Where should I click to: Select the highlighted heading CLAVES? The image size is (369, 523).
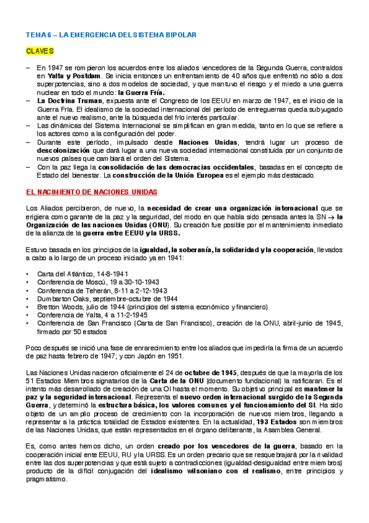(x=38, y=52)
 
